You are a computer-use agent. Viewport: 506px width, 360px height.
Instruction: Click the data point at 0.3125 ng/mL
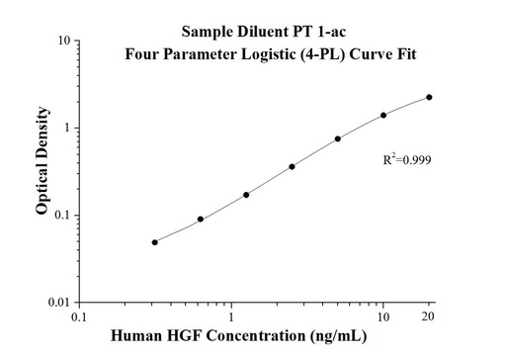tap(155, 242)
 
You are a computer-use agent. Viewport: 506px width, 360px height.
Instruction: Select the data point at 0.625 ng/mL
tap(201, 220)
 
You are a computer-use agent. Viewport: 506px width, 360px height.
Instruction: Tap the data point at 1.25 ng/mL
tap(246, 195)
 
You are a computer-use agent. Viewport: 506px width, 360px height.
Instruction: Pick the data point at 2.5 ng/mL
tap(292, 167)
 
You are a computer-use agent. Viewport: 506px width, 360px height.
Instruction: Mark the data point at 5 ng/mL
tap(338, 139)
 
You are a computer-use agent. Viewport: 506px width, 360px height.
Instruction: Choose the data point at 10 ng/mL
tap(383, 115)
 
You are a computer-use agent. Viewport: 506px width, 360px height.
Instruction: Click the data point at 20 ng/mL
tap(429, 97)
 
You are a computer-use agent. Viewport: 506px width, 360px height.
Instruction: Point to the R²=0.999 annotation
tap(407, 159)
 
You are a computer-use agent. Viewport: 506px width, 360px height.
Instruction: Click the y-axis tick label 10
tap(62, 42)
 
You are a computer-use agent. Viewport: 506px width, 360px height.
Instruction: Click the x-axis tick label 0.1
tap(80, 318)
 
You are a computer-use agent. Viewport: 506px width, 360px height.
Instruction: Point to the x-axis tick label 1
tap(231, 318)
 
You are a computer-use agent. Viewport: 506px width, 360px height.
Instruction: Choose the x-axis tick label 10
tap(383, 318)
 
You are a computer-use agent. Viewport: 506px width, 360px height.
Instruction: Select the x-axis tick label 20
tap(429, 318)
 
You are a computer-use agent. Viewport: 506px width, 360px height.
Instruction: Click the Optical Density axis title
tap(42, 171)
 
